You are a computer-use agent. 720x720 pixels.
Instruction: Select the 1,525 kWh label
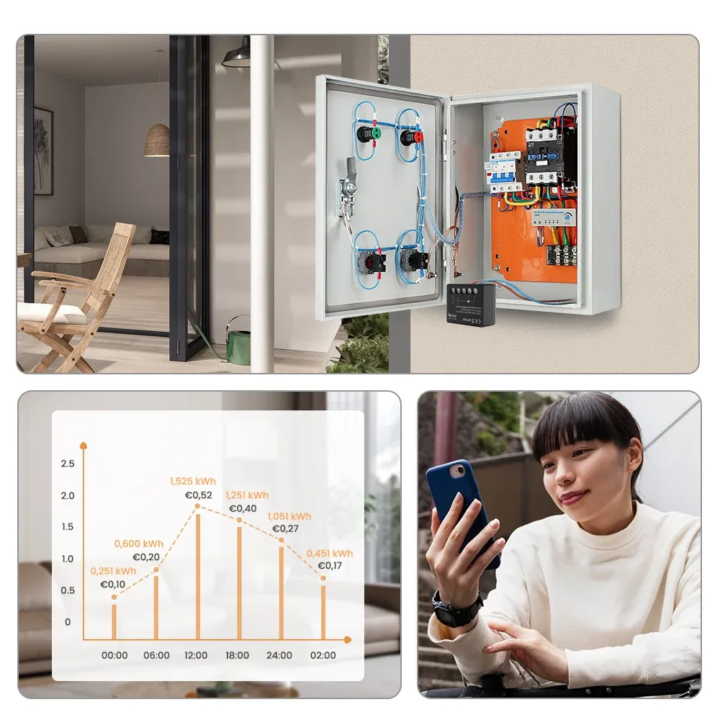(192, 481)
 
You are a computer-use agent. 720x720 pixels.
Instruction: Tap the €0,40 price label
(243, 508)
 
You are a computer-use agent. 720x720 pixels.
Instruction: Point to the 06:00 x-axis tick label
(156, 655)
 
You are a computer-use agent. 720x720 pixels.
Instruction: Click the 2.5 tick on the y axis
(68, 464)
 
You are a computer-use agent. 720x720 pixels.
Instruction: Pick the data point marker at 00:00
(114, 597)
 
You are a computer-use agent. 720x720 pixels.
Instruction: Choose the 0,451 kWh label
(330, 553)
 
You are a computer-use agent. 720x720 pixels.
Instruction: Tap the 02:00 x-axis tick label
(323, 655)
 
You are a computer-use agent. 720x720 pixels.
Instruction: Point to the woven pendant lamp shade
(156, 140)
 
